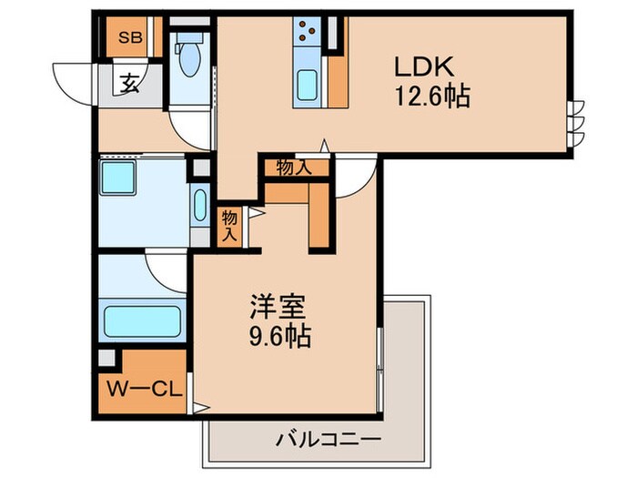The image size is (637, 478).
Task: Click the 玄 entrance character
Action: coord(129,86)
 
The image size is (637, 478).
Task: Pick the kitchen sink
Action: coord(306,86)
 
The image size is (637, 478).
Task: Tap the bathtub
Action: coord(142,320)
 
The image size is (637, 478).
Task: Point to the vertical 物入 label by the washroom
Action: coord(230,225)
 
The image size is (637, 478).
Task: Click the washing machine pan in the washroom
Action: coord(123,179)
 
